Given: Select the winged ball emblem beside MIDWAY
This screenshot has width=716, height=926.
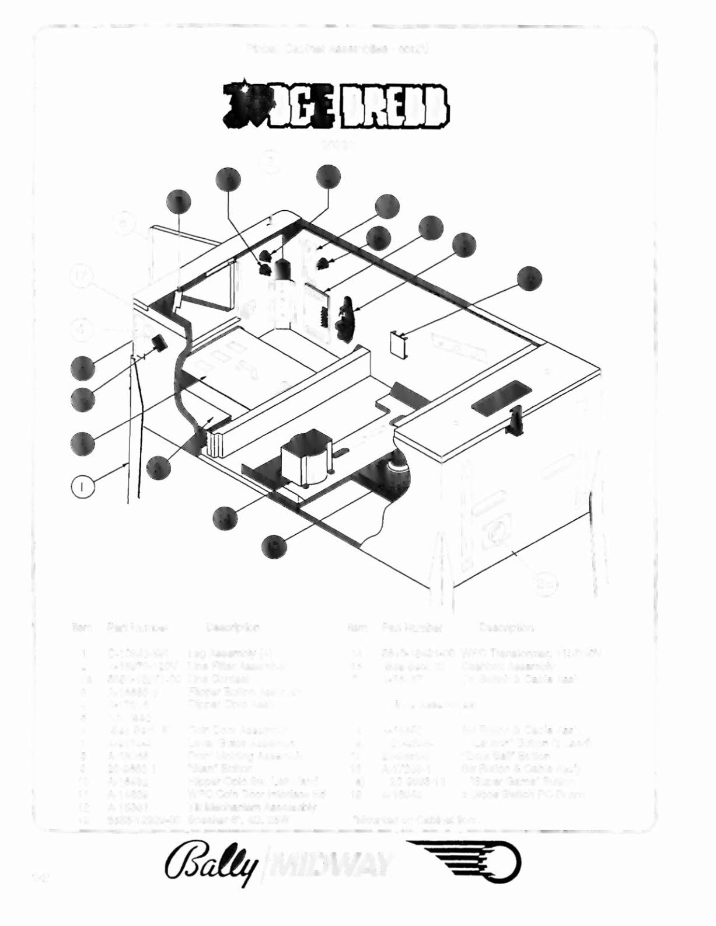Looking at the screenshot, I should pyautogui.click(x=464, y=864).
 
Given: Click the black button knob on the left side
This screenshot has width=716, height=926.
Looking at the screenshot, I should pyautogui.click(x=159, y=343).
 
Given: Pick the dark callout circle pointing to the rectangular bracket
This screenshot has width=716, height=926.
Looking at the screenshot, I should pyautogui.click(x=529, y=279).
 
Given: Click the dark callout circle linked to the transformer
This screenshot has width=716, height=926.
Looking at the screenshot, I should pyautogui.click(x=225, y=517).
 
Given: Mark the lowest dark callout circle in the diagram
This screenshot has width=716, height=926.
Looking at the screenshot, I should pyautogui.click(x=273, y=545).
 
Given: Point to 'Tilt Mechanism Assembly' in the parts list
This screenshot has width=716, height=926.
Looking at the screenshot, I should pyautogui.click(x=252, y=807).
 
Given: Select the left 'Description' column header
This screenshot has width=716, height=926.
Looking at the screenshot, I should pyautogui.click(x=233, y=628).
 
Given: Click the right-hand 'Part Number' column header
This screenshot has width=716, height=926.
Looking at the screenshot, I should pyautogui.click(x=412, y=628).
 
